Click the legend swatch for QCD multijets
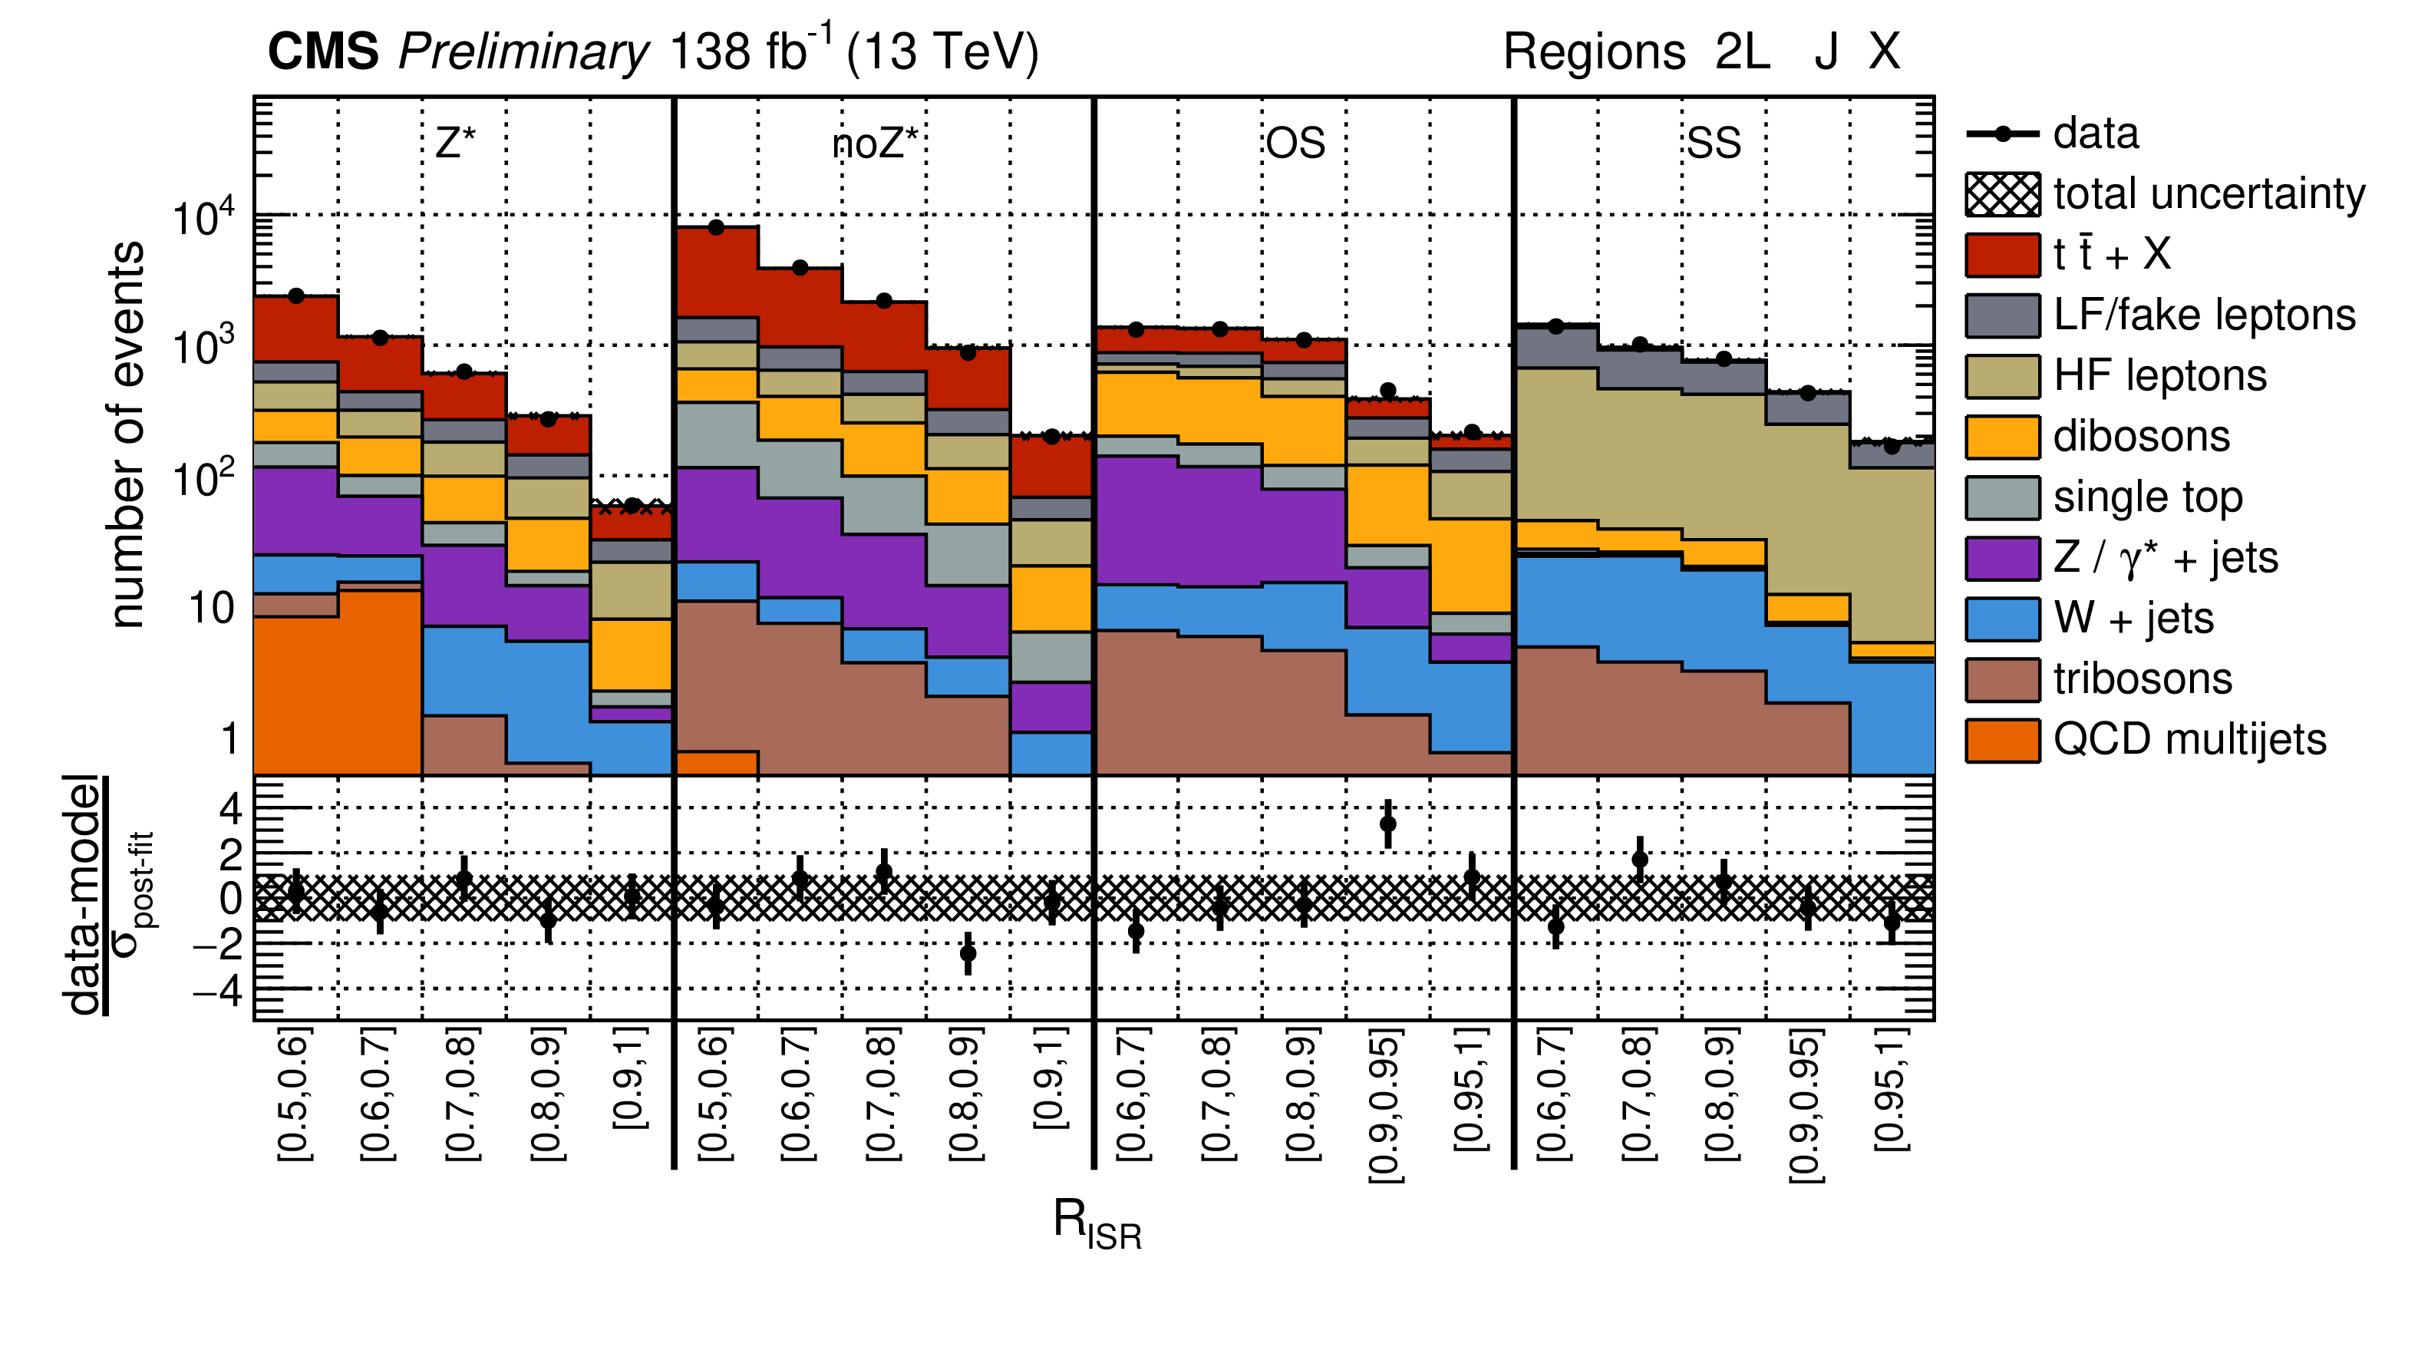2001,741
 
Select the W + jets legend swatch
2001,619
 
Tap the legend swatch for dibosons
2001,437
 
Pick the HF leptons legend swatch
2001,376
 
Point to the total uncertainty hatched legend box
2001,194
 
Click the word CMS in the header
323,51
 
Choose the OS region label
1295,144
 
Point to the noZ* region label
875,144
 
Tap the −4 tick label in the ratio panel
217,990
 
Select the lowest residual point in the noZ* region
968,953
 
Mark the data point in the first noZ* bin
716,227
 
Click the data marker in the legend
2001,134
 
